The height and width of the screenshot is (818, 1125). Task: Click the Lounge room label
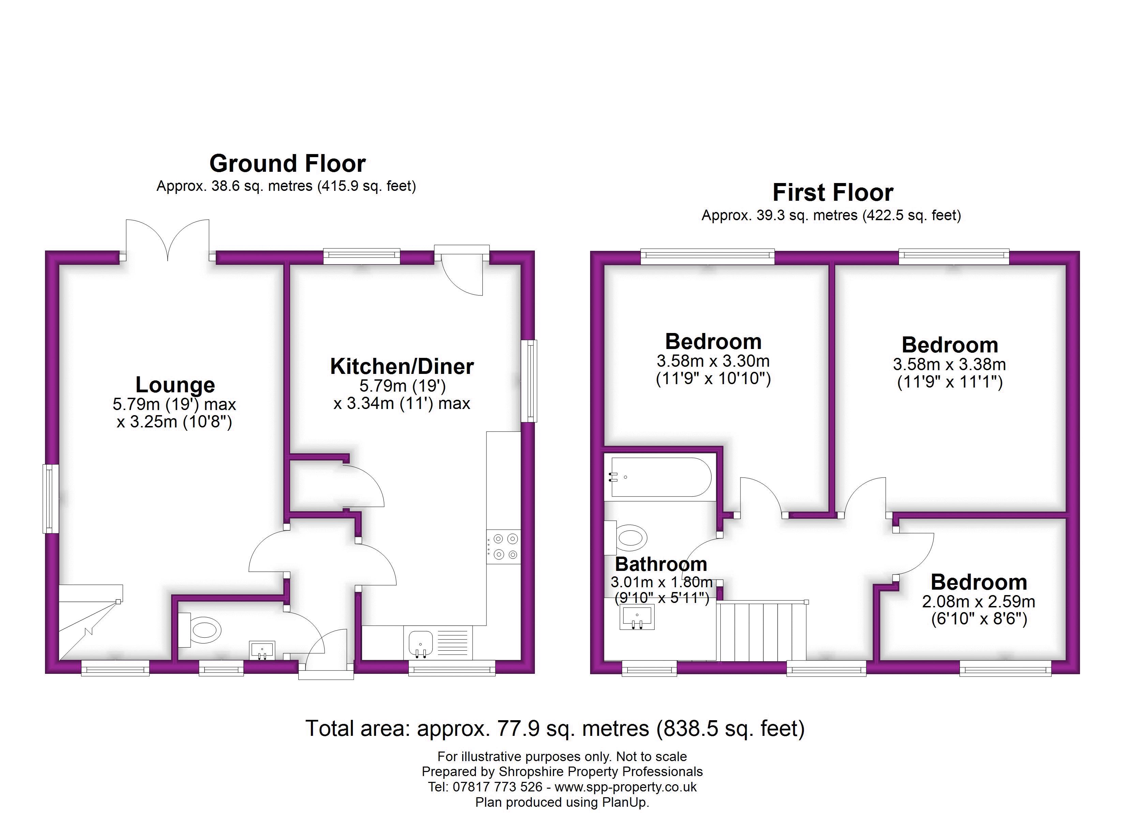click(175, 385)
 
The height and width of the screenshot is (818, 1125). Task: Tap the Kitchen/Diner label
click(402, 367)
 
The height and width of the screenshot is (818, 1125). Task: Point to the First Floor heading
click(833, 193)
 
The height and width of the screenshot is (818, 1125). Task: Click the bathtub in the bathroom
click(661, 477)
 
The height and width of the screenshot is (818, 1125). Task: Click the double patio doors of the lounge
click(168, 240)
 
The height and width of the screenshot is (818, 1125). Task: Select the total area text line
click(555, 728)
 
